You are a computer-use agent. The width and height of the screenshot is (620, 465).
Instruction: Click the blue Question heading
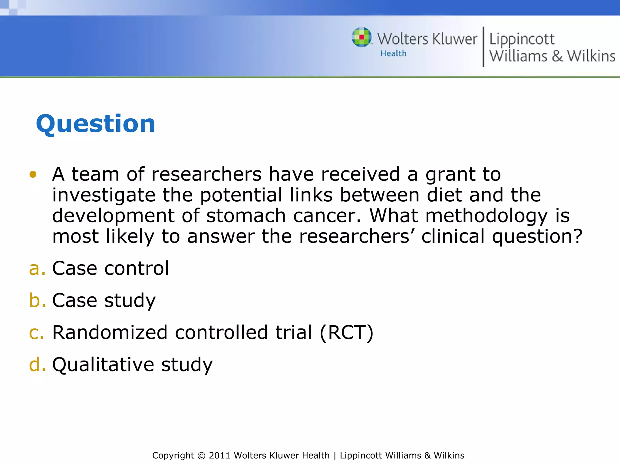95,124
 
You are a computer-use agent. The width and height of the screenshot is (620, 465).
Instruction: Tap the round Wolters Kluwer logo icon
361,37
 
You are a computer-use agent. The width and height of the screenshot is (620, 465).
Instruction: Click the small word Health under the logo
393,53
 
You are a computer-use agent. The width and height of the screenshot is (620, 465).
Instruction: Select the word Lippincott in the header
522,40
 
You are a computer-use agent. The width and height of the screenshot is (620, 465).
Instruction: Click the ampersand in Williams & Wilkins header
557,56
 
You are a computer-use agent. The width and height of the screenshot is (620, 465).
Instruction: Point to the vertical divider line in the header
483,47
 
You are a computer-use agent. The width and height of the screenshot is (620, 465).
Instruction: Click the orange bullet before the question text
33,174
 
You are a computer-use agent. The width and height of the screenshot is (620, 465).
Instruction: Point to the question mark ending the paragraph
577,236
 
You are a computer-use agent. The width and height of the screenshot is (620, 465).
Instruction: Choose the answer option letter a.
37,269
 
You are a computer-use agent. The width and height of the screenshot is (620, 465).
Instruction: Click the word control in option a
136,269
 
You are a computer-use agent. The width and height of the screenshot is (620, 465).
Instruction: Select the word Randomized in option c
110,332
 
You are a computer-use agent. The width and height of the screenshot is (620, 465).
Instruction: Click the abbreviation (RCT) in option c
346,332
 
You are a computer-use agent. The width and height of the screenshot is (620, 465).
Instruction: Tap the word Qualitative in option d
103,364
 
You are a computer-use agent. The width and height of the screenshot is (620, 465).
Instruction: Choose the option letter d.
37,364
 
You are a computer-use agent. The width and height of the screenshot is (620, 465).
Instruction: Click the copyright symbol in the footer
201,456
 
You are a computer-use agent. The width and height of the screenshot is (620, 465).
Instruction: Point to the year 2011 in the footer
219,456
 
